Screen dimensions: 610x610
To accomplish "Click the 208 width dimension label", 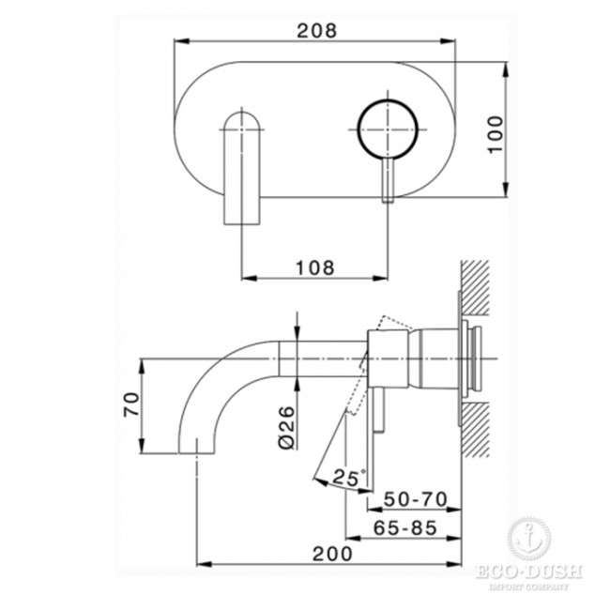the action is (316, 30).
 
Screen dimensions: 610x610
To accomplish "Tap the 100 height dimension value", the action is (496, 134).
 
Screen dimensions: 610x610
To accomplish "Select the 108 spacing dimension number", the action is (315, 267).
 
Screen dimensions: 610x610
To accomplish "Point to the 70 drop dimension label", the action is (131, 404).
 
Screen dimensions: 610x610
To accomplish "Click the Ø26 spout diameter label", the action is (287, 427).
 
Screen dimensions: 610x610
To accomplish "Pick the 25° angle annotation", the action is (348, 477).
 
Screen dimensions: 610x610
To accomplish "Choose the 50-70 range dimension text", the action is (416, 499).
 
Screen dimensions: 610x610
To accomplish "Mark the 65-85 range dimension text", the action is (405, 527).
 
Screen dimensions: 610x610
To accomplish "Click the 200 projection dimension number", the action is (332, 554).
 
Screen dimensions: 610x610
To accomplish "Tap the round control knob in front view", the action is (388, 130).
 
